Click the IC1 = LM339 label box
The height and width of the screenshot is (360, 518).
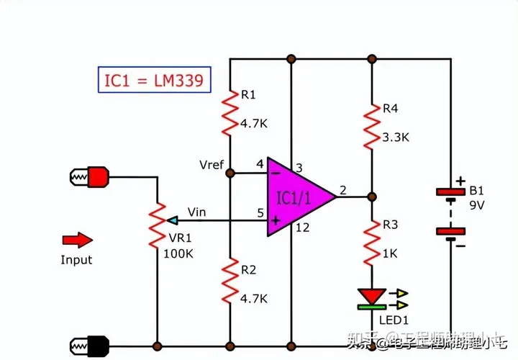click(155, 81)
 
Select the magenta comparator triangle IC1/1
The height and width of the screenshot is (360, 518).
click(294, 197)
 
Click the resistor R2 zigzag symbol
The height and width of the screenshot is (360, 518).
click(230, 281)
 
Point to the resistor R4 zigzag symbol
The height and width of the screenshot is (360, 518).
click(371, 126)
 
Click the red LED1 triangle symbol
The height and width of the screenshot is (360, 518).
click(371, 297)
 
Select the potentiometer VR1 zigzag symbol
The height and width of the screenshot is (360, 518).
click(156, 225)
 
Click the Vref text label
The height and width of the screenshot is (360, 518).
click(212, 165)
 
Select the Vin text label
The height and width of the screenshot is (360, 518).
click(197, 212)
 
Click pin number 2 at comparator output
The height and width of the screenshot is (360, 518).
click(343, 190)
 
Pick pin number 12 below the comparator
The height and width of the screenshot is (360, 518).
click(304, 228)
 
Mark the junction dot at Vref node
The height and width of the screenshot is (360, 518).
click(230, 173)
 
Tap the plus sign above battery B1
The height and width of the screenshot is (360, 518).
click(459, 181)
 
